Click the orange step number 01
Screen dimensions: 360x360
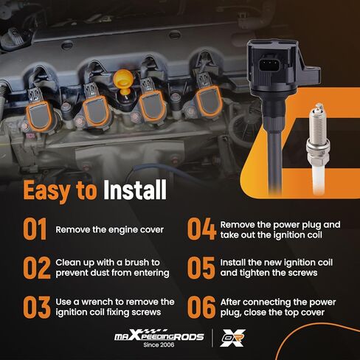(x=35, y=229)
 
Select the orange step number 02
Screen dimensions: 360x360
(x=37, y=268)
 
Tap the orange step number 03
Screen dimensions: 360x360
(x=37, y=307)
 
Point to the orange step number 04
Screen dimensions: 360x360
(x=201, y=229)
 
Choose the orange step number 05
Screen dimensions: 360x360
(x=201, y=268)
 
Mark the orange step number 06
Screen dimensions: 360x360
(x=201, y=307)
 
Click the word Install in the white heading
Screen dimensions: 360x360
(x=135, y=190)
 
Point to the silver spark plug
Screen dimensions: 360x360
(x=318, y=148)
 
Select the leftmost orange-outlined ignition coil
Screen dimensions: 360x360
(x=39, y=116)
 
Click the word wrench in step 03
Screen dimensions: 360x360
(x=97, y=302)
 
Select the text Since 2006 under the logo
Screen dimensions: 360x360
(x=159, y=345)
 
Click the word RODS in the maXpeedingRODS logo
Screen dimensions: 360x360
(x=188, y=336)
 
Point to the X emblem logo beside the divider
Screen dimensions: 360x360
(x=232, y=338)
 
